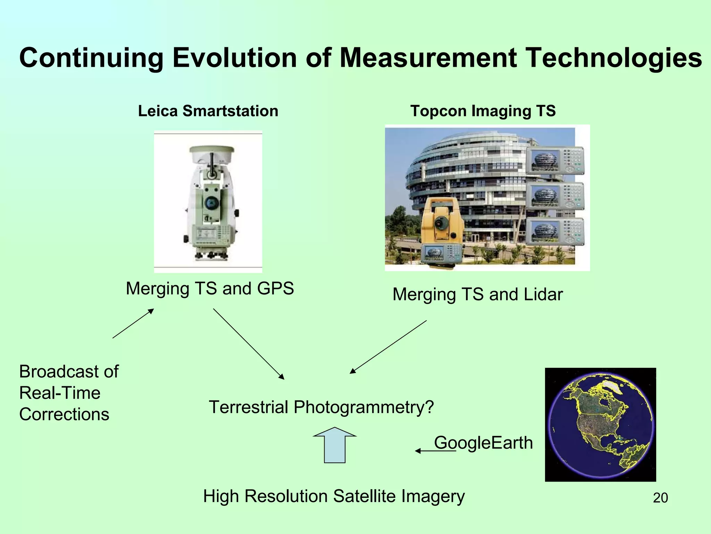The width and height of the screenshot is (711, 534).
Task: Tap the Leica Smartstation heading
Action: pyautogui.click(x=208, y=111)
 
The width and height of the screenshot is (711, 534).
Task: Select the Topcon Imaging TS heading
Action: pyautogui.click(x=483, y=111)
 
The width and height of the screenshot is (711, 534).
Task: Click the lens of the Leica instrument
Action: pyautogui.click(x=210, y=203)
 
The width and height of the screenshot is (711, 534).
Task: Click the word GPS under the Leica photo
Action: pyautogui.click(x=275, y=289)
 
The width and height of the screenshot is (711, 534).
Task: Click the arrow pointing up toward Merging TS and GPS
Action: pyautogui.click(x=133, y=323)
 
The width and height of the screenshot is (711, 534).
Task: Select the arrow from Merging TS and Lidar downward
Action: pyautogui.click(x=388, y=347)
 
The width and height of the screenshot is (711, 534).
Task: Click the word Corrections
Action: pyautogui.click(x=64, y=414)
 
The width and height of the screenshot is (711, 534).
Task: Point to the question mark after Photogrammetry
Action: pyautogui.click(x=429, y=407)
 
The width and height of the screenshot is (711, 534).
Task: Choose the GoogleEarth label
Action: pyautogui.click(x=483, y=443)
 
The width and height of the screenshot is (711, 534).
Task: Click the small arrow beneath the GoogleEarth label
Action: pyautogui.click(x=435, y=451)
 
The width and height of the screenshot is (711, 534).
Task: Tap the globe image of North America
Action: pyautogui.click(x=600, y=424)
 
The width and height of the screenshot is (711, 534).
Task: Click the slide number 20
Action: pyautogui.click(x=660, y=498)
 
